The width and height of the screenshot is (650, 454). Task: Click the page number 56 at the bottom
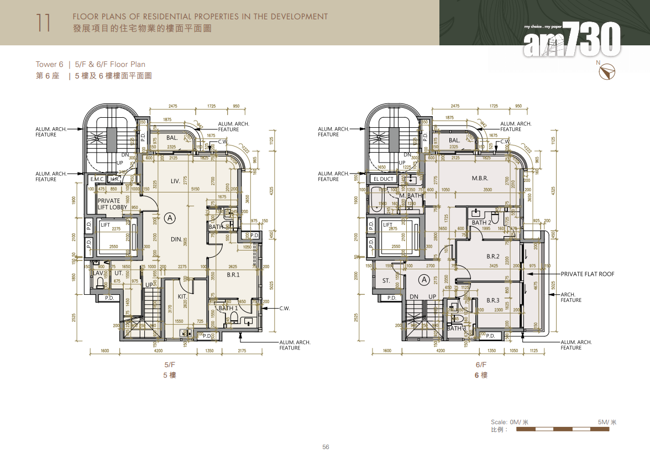click(x=326, y=447)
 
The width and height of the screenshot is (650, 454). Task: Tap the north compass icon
click(x=607, y=71)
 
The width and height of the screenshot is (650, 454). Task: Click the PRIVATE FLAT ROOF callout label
click(x=587, y=274)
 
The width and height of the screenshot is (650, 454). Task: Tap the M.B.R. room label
click(x=479, y=179)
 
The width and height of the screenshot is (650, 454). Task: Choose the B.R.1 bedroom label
click(x=233, y=274)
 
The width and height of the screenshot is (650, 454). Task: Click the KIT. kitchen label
click(x=182, y=297)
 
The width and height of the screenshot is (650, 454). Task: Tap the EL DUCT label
click(x=383, y=179)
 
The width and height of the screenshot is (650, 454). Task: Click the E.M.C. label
click(x=97, y=179)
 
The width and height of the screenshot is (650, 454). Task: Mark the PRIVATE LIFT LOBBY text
click(x=112, y=204)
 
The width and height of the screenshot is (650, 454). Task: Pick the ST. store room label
click(x=386, y=281)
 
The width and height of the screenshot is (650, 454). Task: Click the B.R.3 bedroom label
click(x=492, y=300)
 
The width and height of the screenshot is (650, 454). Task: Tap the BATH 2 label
click(x=481, y=223)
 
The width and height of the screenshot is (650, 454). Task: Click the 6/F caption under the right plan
click(x=481, y=365)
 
